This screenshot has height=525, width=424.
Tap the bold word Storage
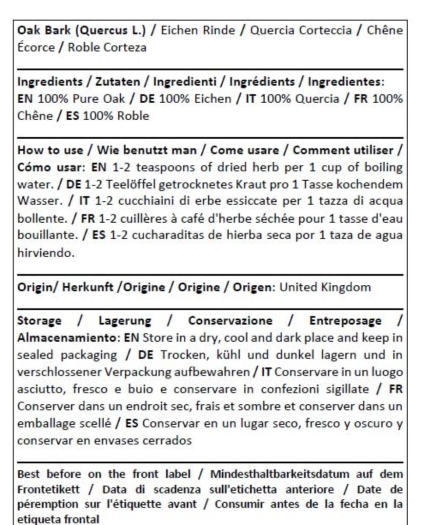coord(39,321)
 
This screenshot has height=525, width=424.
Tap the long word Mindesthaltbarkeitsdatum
coord(276,475)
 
